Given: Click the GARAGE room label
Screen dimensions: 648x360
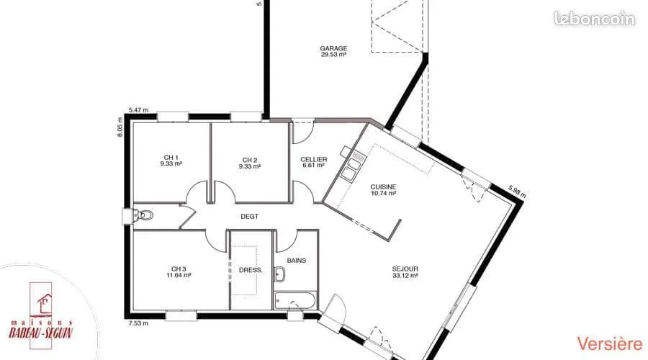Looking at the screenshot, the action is (333, 48).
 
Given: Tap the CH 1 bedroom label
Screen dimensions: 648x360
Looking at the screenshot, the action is (171, 158).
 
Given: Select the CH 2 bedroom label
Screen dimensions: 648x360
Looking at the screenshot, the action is (250, 161).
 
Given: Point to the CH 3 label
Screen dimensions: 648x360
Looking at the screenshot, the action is (179, 269).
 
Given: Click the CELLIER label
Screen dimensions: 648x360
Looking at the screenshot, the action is (314, 160).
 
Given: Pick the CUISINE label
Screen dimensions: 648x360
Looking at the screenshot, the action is (383, 187).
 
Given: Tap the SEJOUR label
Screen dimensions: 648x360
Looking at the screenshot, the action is (405, 269).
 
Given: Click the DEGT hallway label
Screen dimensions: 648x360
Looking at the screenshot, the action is (250, 217).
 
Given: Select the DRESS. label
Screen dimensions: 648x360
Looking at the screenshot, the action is (251, 270).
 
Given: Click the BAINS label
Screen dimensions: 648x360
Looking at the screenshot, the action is (297, 261).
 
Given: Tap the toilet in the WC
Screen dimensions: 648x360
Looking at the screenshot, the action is (143, 215).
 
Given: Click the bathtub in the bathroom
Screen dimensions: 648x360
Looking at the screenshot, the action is (294, 300).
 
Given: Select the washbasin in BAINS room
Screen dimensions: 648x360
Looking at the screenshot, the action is (280, 274).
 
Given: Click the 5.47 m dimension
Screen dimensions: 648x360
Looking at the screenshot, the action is (138, 110).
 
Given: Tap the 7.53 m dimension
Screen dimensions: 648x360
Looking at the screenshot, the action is (138, 323).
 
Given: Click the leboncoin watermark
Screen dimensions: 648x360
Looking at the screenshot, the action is (594, 19).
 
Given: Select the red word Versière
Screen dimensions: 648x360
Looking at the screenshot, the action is (610, 344).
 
